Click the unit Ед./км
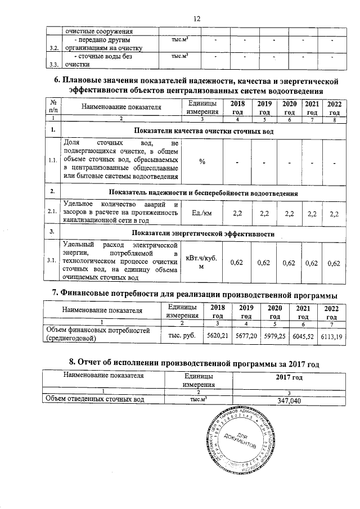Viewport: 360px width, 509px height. pyautogui.click(x=201, y=214)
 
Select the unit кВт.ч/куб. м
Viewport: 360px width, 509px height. pyautogui.click(x=201, y=262)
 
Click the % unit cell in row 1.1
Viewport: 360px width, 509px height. pyautogui.click(x=201, y=162)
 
